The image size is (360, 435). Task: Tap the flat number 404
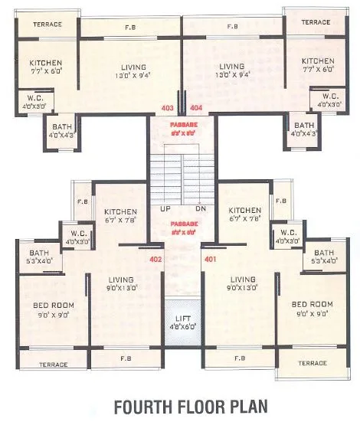(195, 108)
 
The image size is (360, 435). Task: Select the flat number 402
(156, 260)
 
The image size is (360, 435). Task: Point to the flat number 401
(210, 260)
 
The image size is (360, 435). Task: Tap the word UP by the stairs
(165, 208)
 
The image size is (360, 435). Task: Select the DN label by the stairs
(201, 208)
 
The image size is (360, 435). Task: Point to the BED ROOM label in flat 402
(53, 305)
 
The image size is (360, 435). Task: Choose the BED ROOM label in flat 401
(313, 305)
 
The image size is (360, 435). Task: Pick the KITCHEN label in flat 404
(317, 61)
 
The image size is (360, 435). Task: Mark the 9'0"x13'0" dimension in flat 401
(243, 288)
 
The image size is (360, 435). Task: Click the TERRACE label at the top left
(47, 24)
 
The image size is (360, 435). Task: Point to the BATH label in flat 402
(39, 253)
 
